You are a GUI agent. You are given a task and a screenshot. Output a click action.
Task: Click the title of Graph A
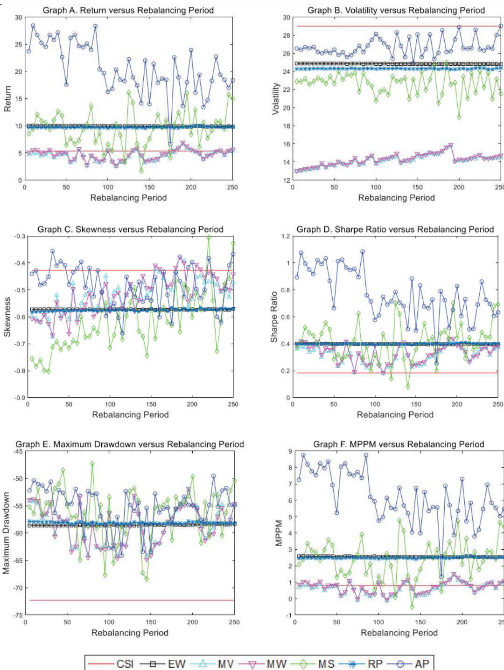(128, 10)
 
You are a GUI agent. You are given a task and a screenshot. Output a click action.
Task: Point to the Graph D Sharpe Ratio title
(395, 229)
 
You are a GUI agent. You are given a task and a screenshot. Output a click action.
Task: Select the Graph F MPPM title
(399, 444)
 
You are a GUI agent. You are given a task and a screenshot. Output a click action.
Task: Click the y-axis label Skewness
(7, 317)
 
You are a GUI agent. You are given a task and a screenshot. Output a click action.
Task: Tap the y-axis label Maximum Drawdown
(6, 533)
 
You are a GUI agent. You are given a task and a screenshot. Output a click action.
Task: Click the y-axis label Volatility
(276, 99)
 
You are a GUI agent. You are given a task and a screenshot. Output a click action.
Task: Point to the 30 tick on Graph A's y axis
(19, 18)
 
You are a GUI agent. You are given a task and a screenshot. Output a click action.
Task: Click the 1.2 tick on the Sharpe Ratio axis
(286, 236)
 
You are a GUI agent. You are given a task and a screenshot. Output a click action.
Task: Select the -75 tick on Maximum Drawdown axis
(18, 615)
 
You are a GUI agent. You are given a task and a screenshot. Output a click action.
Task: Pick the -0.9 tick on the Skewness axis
(20, 398)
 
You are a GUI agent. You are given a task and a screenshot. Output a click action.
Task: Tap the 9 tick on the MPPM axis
(290, 451)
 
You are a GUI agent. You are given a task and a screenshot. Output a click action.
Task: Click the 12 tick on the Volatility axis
(286, 180)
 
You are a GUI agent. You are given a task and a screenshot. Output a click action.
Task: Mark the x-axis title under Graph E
(130, 633)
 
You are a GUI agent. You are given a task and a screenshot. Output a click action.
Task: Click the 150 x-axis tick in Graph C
(151, 404)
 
